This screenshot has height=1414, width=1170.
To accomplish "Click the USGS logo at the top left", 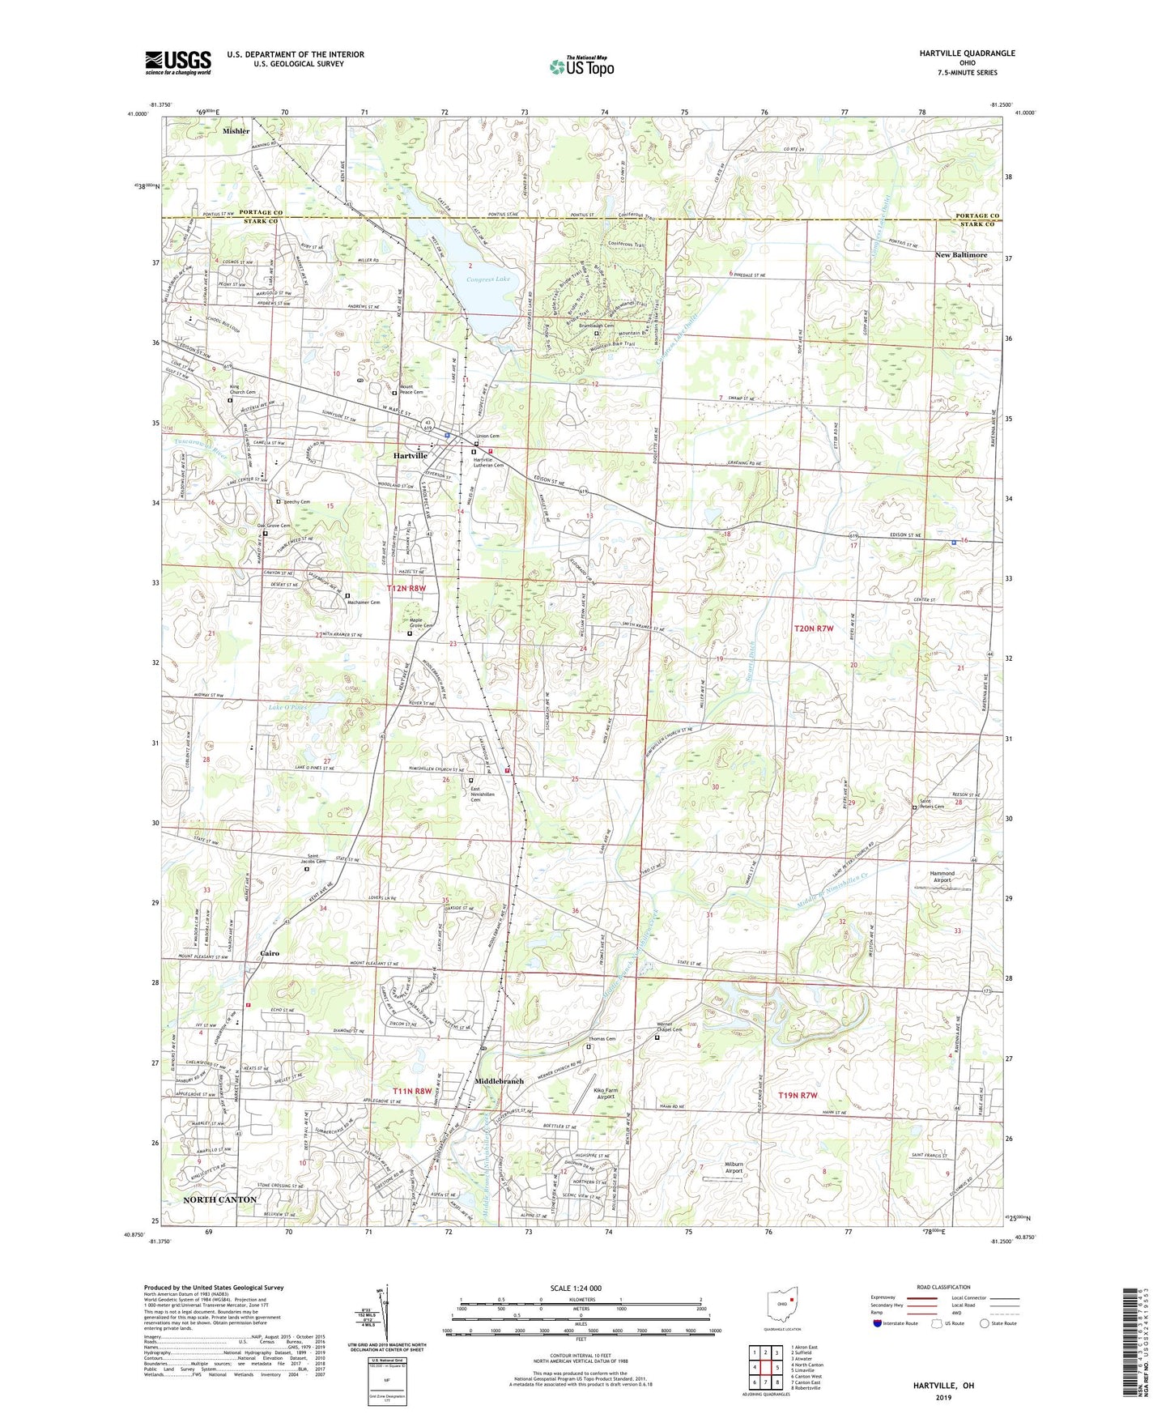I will click(178, 62).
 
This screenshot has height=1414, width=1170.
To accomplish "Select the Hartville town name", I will click(411, 456).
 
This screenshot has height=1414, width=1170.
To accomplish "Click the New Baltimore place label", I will click(961, 254).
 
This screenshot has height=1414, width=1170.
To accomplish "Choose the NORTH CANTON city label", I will click(219, 1199).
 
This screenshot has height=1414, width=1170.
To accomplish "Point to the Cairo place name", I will click(270, 953).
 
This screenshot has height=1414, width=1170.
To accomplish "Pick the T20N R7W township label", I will click(813, 628).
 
